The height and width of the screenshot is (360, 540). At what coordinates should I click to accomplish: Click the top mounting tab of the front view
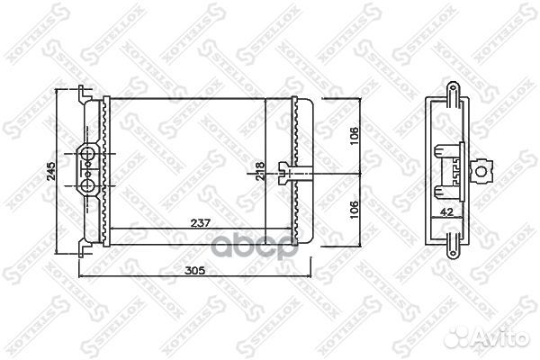(83, 91)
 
